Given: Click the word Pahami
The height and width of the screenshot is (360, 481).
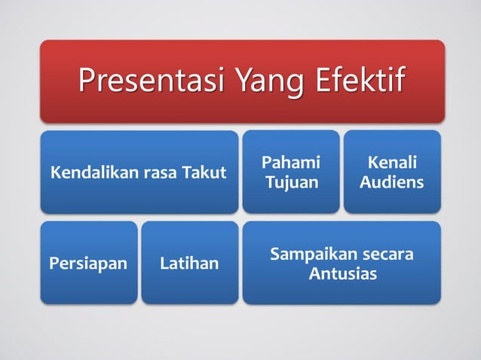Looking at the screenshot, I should pos(290,163).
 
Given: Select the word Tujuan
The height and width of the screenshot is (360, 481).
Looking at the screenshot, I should pos(290,183).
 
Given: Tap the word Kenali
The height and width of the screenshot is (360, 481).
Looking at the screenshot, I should pos(391,163).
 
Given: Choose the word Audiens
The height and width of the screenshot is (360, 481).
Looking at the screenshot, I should pos(391,183).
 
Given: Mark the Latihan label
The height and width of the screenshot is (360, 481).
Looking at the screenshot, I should pos(189,264).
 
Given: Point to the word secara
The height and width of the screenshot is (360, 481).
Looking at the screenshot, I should pos(388,255).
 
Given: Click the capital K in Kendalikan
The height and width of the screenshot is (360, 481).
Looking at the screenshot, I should pos(54,173).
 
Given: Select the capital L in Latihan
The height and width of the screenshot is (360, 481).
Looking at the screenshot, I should pos(164,264).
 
